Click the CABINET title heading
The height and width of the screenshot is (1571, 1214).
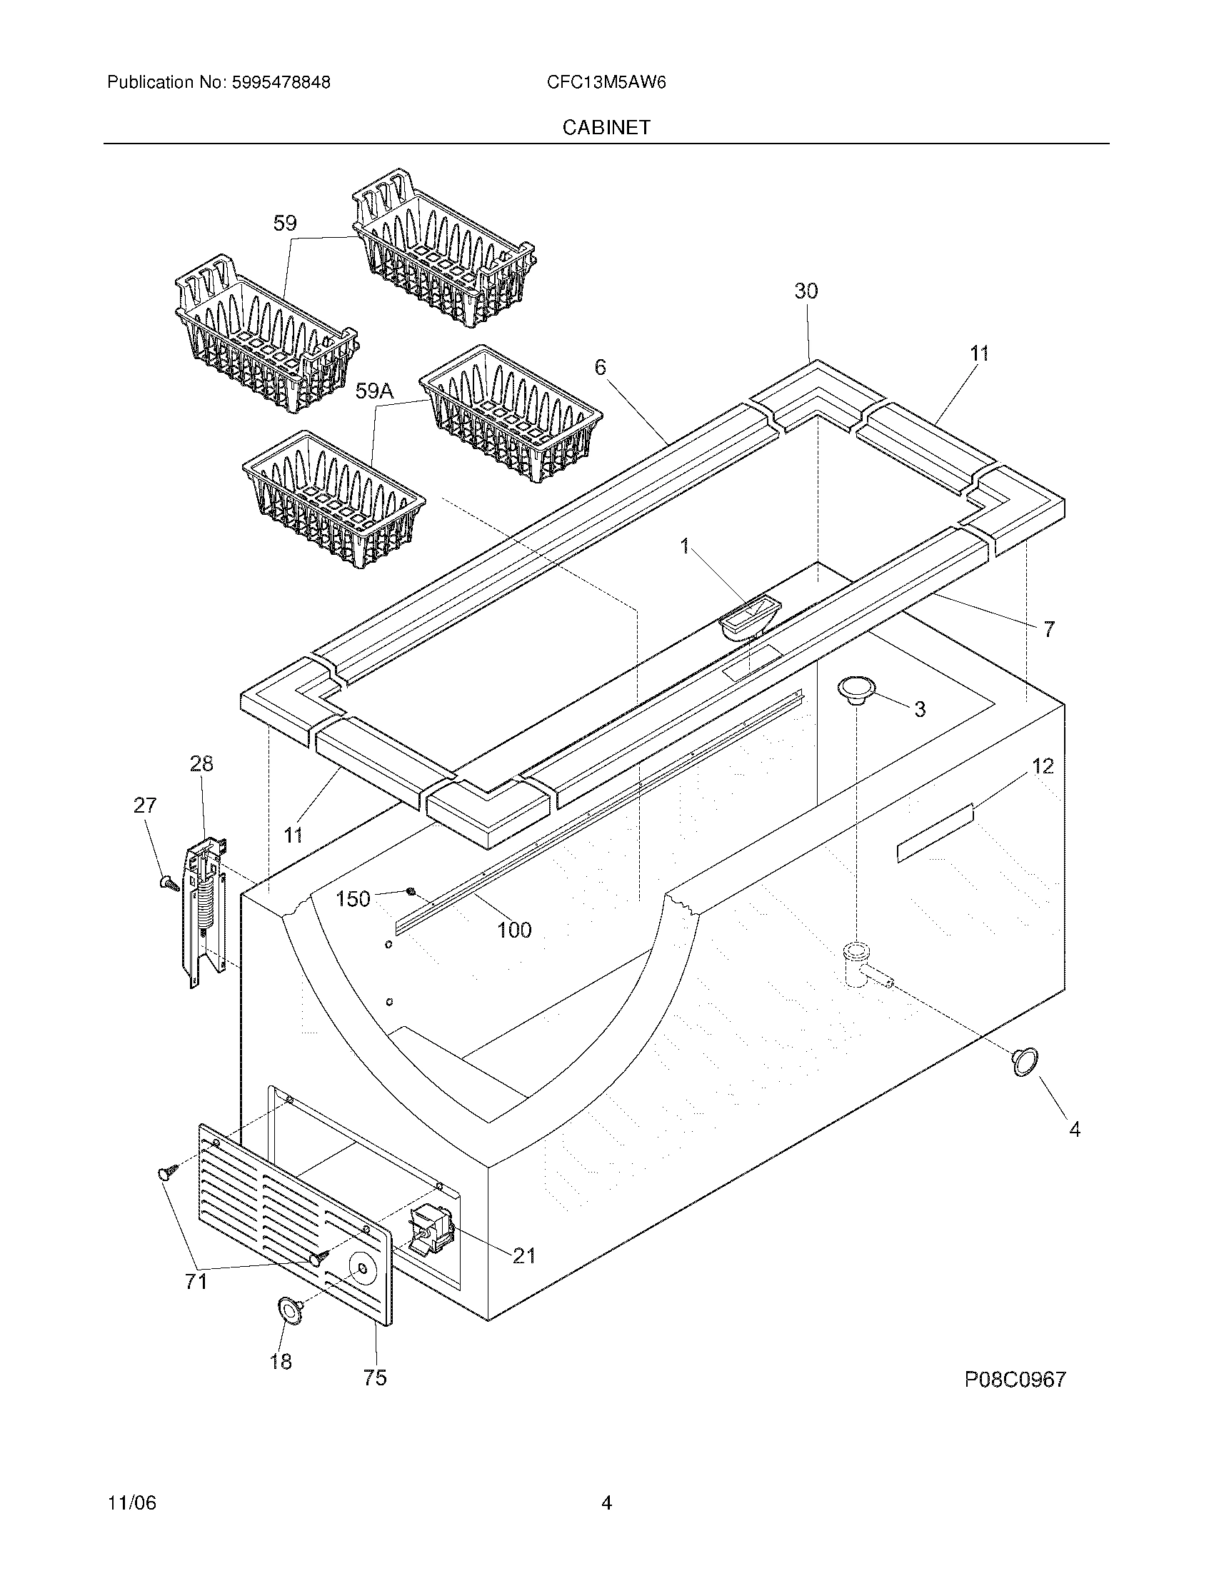[x=606, y=127]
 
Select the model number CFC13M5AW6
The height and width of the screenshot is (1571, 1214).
[x=606, y=82]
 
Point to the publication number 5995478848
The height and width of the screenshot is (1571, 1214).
[x=280, y=82]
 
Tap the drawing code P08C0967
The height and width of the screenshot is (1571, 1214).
[x=1015, y=1380]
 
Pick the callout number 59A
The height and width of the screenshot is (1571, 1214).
[x=375, y=391]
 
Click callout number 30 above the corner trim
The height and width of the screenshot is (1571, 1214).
[x=806, y=291]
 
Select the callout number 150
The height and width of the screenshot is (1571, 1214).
[x=353, y=899]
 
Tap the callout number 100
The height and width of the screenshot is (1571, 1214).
[x=514, y=930]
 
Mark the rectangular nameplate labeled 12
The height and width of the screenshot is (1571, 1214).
[x=934, y=833]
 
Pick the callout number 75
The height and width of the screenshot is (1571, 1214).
[x=375, y=1377]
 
